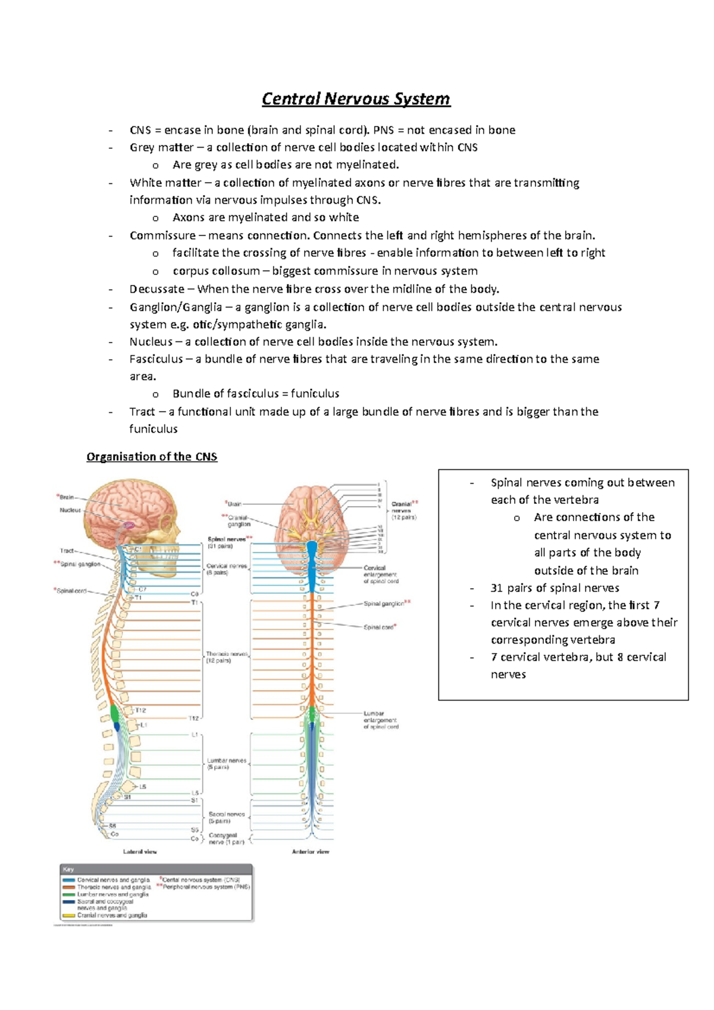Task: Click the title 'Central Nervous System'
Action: point(356,99)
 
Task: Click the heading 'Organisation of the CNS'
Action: point(152,457)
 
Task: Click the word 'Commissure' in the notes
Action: point(162,236)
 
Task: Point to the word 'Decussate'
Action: point(157,290)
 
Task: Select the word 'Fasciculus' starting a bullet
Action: point(156,359)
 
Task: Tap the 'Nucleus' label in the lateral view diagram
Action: point(70,510)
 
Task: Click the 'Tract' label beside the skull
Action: point(67,551)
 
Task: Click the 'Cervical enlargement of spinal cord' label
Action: point(381,575)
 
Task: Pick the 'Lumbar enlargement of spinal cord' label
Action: point(381,720)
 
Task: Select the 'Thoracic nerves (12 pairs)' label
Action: point(227,657)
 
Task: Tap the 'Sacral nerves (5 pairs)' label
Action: point(227,817)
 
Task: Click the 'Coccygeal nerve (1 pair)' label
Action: point(227,839)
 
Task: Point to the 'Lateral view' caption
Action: point(140,852)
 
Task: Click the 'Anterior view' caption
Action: point(311,852)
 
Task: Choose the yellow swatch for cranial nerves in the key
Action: point(68,915)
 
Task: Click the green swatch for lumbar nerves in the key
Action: point(68,895)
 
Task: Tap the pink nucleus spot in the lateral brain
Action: point(129,525)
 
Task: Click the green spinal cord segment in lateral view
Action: point(115,713)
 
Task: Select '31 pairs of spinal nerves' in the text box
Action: point(555,588)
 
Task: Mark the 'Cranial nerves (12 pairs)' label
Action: point(403,510)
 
